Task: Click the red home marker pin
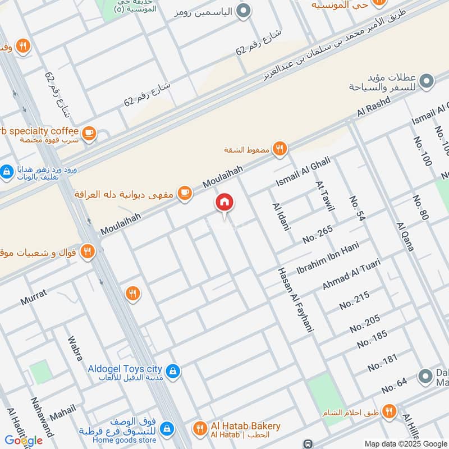(x=224, y=203)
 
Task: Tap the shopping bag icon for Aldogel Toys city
(x=173, y=370)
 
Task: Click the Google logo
(x=24, y=439)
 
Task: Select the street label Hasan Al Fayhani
(x=294, y=300)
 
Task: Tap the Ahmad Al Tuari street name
(x=351, y=274)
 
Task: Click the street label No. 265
(x=318, y=233)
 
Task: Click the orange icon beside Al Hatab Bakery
(x=199, y=429)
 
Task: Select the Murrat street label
(x=34, y=297)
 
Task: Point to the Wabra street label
(x=75, y=348)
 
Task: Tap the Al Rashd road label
(x=373, y=108)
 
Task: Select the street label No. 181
(x=383, y=363)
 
